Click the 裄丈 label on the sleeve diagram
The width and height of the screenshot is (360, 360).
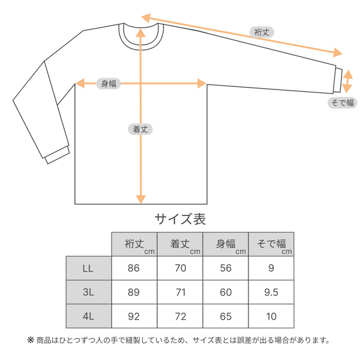tap(262, 32)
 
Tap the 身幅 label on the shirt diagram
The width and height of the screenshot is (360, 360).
tap(109, 83)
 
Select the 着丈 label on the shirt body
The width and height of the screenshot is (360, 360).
tap(140, 129)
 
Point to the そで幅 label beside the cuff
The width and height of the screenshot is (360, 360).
tap(343, 103)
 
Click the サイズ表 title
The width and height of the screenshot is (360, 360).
tap(180, 219)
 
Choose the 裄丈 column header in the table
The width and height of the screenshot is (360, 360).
tap(134, 244)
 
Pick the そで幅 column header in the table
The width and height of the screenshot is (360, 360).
tap(271, 244)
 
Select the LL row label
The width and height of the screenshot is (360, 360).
tap(88, 268)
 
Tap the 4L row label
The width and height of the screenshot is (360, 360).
tap(88, 316)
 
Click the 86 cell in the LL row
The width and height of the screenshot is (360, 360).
tap(134, 268)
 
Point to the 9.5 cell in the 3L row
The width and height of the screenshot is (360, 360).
tap(271, 292)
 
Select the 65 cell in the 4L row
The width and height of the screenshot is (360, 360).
tap(226, 316)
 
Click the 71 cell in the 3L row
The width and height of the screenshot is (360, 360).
tap(181, 292)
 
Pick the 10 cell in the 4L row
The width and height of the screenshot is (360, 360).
tap(271, 316)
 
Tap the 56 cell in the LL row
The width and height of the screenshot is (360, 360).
tap(226, 268)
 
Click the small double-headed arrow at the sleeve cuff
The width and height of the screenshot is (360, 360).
tap(347, 81)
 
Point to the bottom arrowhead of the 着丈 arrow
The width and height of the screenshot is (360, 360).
tap(141, 199)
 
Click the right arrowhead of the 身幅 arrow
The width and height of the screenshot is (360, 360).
tap(202, 83)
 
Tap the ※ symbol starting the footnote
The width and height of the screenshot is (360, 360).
tap(31, 340)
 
